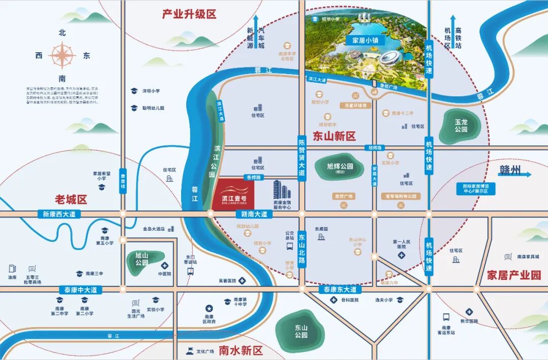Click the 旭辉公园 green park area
click(340, 168)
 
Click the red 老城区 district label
click(71, 199)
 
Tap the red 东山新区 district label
click(334, 136)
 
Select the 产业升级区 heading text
click(189, 14)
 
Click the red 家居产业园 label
click(514, 275)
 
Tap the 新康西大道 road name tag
click(59, 214)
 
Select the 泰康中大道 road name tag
click(80, 290)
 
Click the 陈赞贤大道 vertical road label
click(302, 158)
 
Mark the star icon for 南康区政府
click(209, 308)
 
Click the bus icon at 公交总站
click(289, 246)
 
